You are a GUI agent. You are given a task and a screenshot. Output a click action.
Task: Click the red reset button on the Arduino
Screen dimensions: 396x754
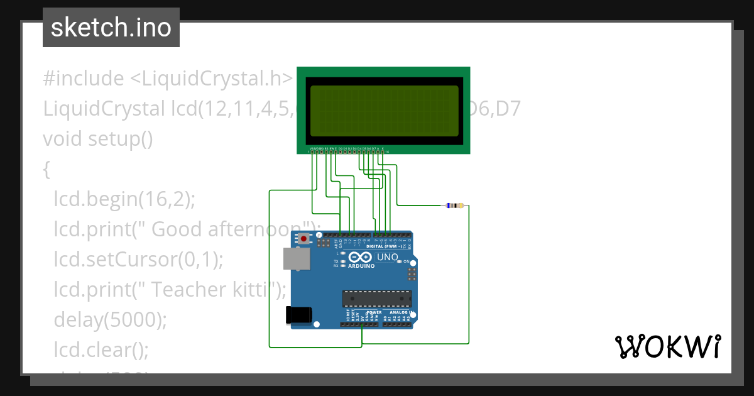click(x=305, y=239)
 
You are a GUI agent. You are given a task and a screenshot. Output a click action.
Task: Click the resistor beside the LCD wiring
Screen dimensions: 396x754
click(x=454, y=206)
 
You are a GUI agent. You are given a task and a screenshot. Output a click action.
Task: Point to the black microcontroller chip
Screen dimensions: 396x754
click(x=376, y=299)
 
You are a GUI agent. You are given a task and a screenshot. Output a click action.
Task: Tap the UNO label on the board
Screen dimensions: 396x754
click(x=387, y=257)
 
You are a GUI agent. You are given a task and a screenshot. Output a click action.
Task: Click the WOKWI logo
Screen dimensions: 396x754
click(x=667, y=347)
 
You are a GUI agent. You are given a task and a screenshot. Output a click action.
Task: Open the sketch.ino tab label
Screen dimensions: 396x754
click(x=111, y=28)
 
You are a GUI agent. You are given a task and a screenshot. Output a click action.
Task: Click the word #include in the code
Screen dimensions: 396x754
click(x=84, y=79)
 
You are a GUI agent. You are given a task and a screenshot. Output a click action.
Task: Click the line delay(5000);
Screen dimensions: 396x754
click(x=111, y=320)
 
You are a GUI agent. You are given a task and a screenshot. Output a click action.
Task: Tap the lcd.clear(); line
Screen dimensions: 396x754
click(x=101, y=350)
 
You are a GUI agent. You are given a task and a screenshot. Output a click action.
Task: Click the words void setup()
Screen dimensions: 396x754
click(x=97, y=138)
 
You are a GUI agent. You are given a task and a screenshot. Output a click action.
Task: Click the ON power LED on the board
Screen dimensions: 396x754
click(x=399, y=261)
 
